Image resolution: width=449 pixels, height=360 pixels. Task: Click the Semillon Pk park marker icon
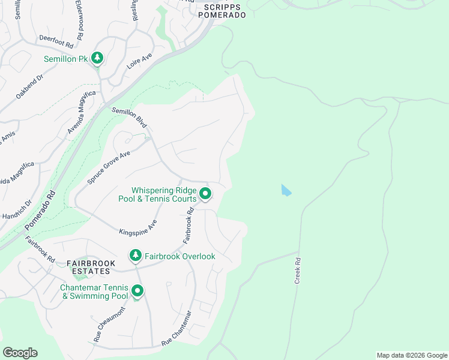[97, 58]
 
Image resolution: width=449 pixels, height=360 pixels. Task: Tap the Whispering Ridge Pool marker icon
[205, 193]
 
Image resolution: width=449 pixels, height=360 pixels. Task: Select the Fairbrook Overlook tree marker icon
[136, 256]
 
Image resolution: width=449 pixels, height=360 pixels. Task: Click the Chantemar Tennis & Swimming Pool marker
[137, 292]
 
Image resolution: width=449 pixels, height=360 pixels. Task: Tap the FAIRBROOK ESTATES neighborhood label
[88, 268]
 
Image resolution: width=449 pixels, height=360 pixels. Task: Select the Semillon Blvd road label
[130, 117]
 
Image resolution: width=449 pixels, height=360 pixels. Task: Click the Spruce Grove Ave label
[109, 167]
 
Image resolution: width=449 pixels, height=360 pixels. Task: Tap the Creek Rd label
[297, 271]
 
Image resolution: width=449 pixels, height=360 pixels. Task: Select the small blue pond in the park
[286, 190]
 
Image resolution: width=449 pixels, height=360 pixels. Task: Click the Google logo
[20, 353]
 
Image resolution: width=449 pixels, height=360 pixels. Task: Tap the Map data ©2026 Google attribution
[412, 355]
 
